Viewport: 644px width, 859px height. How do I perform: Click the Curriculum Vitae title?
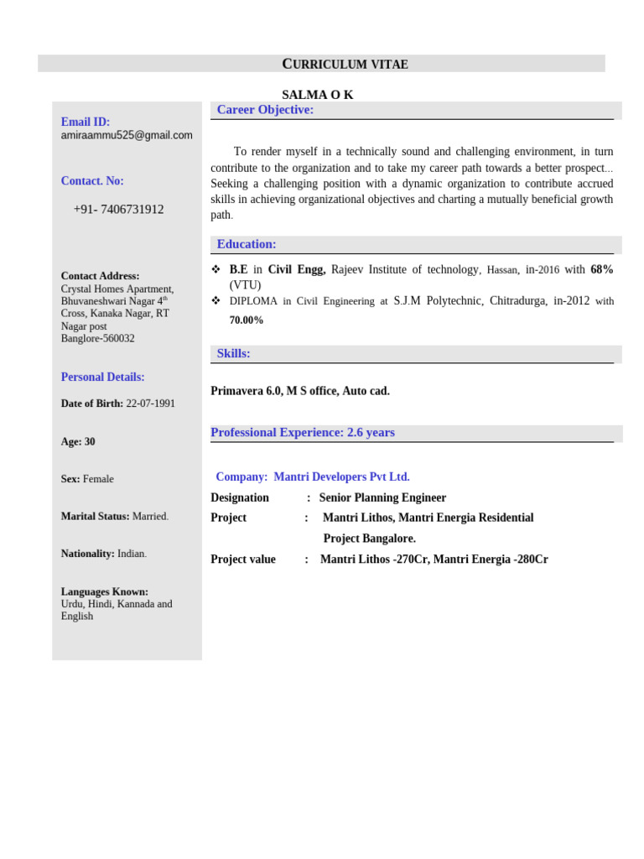pos(345,65)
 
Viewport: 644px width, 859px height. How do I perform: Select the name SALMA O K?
pos(317,95)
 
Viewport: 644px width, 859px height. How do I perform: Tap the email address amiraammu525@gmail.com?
pos(127,135)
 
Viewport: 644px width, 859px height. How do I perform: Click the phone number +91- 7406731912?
pos(118,210)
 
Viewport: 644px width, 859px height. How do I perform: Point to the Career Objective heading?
pos(265,110)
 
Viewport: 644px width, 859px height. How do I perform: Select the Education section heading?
pos(247,244)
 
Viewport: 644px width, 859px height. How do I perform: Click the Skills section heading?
pos(233,353)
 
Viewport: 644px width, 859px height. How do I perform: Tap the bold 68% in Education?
pos(602,269)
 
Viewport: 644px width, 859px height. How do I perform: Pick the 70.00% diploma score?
pos(247,320)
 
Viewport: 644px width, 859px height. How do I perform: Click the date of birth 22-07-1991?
pos(151,403)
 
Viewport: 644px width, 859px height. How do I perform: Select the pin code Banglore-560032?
pos(97,339)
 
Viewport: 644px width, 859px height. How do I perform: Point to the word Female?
pos(98,479)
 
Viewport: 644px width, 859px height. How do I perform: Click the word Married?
pos(150,517)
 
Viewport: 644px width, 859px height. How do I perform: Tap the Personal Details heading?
pos(102,377)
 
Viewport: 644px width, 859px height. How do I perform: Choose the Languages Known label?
pos(104,591)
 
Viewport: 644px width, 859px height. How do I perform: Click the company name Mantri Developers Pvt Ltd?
pos(341,476)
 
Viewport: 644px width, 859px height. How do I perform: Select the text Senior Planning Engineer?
pos(382,497)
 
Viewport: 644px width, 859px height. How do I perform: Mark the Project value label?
pos(243,560)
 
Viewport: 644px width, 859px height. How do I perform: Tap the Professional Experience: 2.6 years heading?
pos(303,433)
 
